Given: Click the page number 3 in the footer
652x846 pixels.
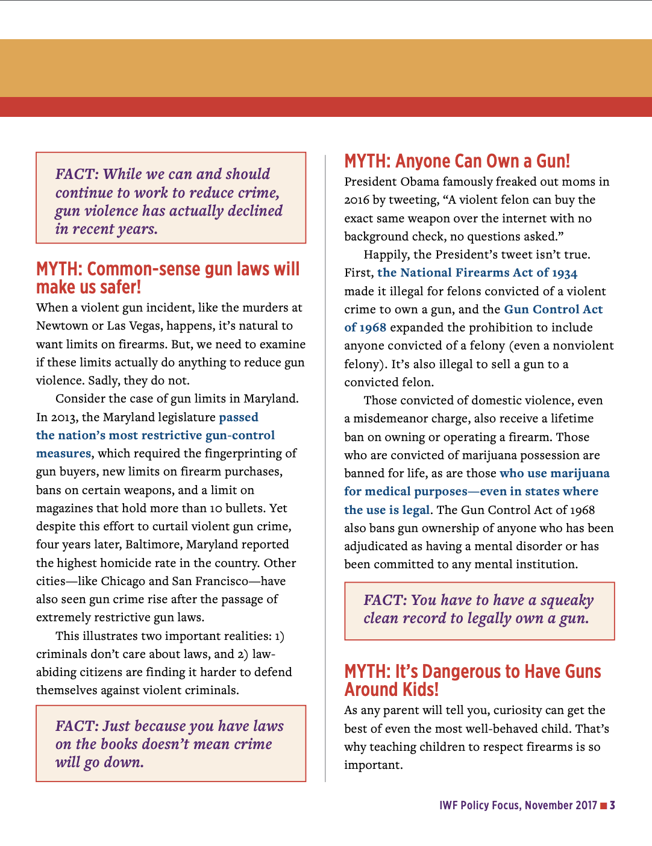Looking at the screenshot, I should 612,805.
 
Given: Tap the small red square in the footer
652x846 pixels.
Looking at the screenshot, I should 603,806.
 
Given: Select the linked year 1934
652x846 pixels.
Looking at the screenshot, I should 565,273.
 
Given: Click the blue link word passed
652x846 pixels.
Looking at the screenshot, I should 239,417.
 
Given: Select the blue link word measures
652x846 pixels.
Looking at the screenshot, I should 63,454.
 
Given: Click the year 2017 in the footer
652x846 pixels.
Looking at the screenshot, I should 586,806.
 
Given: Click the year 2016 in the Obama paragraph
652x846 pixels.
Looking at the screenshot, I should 357,200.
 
